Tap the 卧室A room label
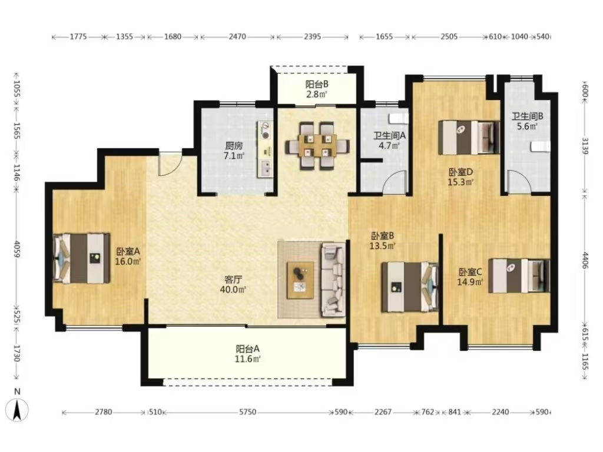pos(128,251)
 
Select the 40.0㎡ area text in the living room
pos(233,290)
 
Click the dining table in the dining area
pos(317,146)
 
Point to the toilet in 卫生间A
pos(398,117)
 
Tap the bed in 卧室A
pos(81,258)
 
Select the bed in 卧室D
pos(469,138)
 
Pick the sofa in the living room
pos(333,280)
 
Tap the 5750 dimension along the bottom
pos(247,412)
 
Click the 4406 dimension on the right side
pos(585,261)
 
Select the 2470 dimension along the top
pos(237,37)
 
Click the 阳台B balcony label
pos(317,84)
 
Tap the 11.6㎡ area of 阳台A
pos(248,359)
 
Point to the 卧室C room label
pos(471,272)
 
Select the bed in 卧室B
pos(410,287)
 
